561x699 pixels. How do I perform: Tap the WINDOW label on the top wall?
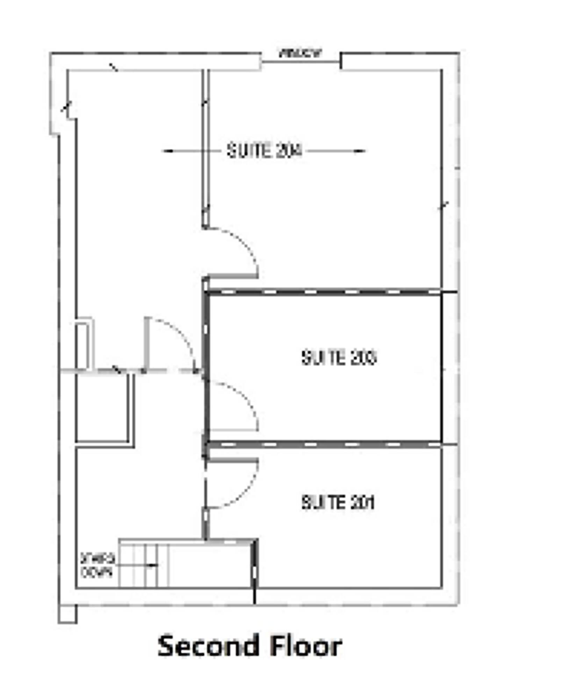point(300,53)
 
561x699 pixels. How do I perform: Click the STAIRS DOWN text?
point(97,565)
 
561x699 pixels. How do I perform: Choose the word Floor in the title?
point(305,647)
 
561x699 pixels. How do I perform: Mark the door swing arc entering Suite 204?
point(245,245)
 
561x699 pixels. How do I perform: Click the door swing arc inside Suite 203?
point(245,398)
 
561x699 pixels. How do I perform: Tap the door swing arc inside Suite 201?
point(245,493)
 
